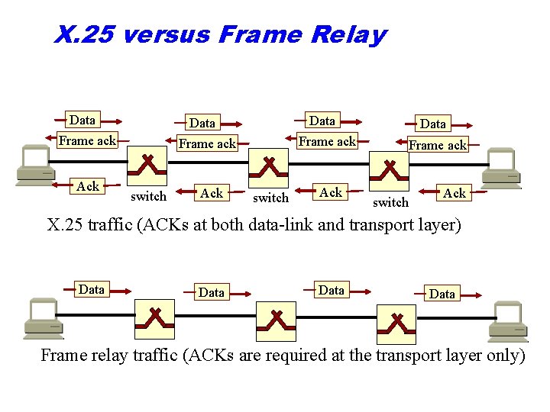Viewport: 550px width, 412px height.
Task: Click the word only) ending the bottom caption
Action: [x=503, y=356]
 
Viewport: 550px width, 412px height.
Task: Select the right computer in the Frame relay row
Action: [x=508, y=322]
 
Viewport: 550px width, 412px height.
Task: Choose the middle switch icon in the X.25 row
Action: [x=269, y=167]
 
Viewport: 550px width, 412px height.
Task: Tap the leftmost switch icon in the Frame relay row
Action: [x=154, y=318]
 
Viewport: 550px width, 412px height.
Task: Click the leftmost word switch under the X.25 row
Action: [x=148, y=197]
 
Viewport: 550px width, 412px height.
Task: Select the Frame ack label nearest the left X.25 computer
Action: [x=87, y=140]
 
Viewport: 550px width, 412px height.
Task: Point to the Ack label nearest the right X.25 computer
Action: [x=455, y=194]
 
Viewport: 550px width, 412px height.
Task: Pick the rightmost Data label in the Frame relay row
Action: [x=442, y=294]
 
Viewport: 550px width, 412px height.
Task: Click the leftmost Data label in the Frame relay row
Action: [x=91, y=289]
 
